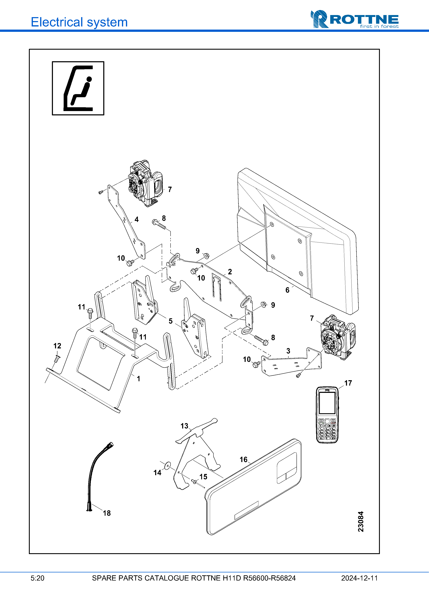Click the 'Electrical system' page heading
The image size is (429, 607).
tap(79, 22)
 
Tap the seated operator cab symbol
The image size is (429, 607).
tap(78, 88)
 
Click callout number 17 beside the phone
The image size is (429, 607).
tap(348, 383)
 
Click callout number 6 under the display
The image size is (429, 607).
tap(287, 290)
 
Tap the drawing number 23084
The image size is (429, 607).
tap(361, 521)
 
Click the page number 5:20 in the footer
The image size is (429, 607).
tap(38, 578)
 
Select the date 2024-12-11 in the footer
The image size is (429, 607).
tap(359, 578)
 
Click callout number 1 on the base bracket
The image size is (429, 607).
tap(138, 379)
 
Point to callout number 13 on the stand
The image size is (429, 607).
tap(184, 426)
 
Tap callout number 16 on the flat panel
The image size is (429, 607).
tap(243, 459)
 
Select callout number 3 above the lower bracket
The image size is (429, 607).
tap(288, 351)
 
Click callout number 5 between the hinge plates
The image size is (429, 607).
tap(171, 321)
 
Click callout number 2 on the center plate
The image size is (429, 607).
tap(230, 272)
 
